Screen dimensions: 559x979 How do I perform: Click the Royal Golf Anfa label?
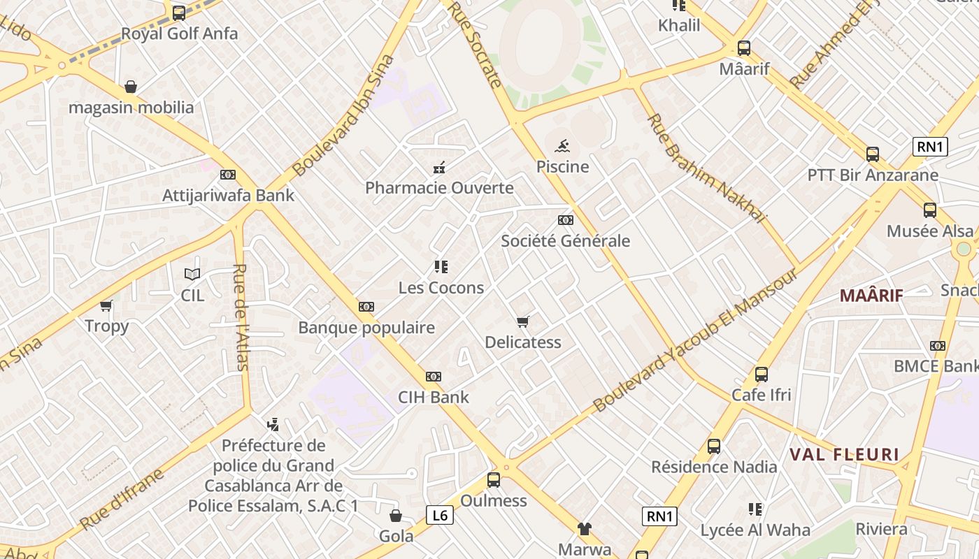pyautogui.click(x=179, y=34)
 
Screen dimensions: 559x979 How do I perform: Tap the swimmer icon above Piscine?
pyautogui.click(x=562, y=147)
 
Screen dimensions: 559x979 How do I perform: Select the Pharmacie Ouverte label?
pyautogui.click(x=439, y=188)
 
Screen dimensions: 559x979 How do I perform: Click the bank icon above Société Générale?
pyautogui.click(x=565, y=220)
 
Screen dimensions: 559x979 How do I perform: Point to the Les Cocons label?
pyautogui.click(x=441, y=288)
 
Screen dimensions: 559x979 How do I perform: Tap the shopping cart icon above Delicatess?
pyautogui.click(x=522, y=321)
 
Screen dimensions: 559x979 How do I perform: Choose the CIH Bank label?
pyautogui.click(x=433, y=398)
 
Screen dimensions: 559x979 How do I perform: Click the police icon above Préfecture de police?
pyautogui.click(x=273, y=424)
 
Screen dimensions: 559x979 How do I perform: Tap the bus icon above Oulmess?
pyautogui.click(x=494, y=480)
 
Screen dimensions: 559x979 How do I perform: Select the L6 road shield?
pyautogui.click(x=439, y=516)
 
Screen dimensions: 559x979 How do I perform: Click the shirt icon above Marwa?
pyautogui.click(x=584, y=529)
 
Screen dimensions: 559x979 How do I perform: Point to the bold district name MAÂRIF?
pyautogui.click(x=871, y=295)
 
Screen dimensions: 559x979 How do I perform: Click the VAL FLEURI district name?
pyautogui.click(x=844, y=455)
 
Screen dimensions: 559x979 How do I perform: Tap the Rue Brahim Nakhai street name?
pyautogui.click(x=706, y=169)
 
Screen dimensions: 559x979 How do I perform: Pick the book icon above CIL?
pyautogui.click(x=192, y=274)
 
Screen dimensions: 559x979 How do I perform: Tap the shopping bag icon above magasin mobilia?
pyautogui.click(x=131, y=87)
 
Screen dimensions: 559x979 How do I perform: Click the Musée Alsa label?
pyautogui.click(x=929, y=231)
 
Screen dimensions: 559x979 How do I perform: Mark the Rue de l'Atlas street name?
pyautogui.click(x=240, y=316)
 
